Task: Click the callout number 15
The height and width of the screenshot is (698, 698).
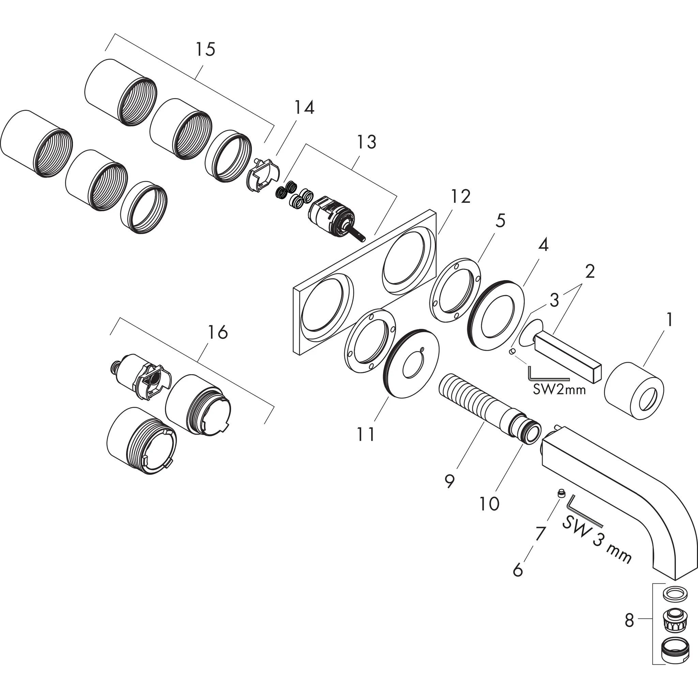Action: coord(205,49)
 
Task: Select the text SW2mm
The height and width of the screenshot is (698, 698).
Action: coord(559,390)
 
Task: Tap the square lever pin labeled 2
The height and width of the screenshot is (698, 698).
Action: coord(567,353)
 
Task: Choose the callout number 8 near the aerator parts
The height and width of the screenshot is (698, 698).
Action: coord(629,621)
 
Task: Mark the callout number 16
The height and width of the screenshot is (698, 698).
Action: coord(218,332)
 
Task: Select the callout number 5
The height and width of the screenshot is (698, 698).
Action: coord(500,221)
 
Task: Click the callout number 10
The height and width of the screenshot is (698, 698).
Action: coord(489,503)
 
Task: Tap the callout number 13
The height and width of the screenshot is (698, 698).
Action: coord(367,142)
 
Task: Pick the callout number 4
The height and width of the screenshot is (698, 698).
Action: coord(543,245)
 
